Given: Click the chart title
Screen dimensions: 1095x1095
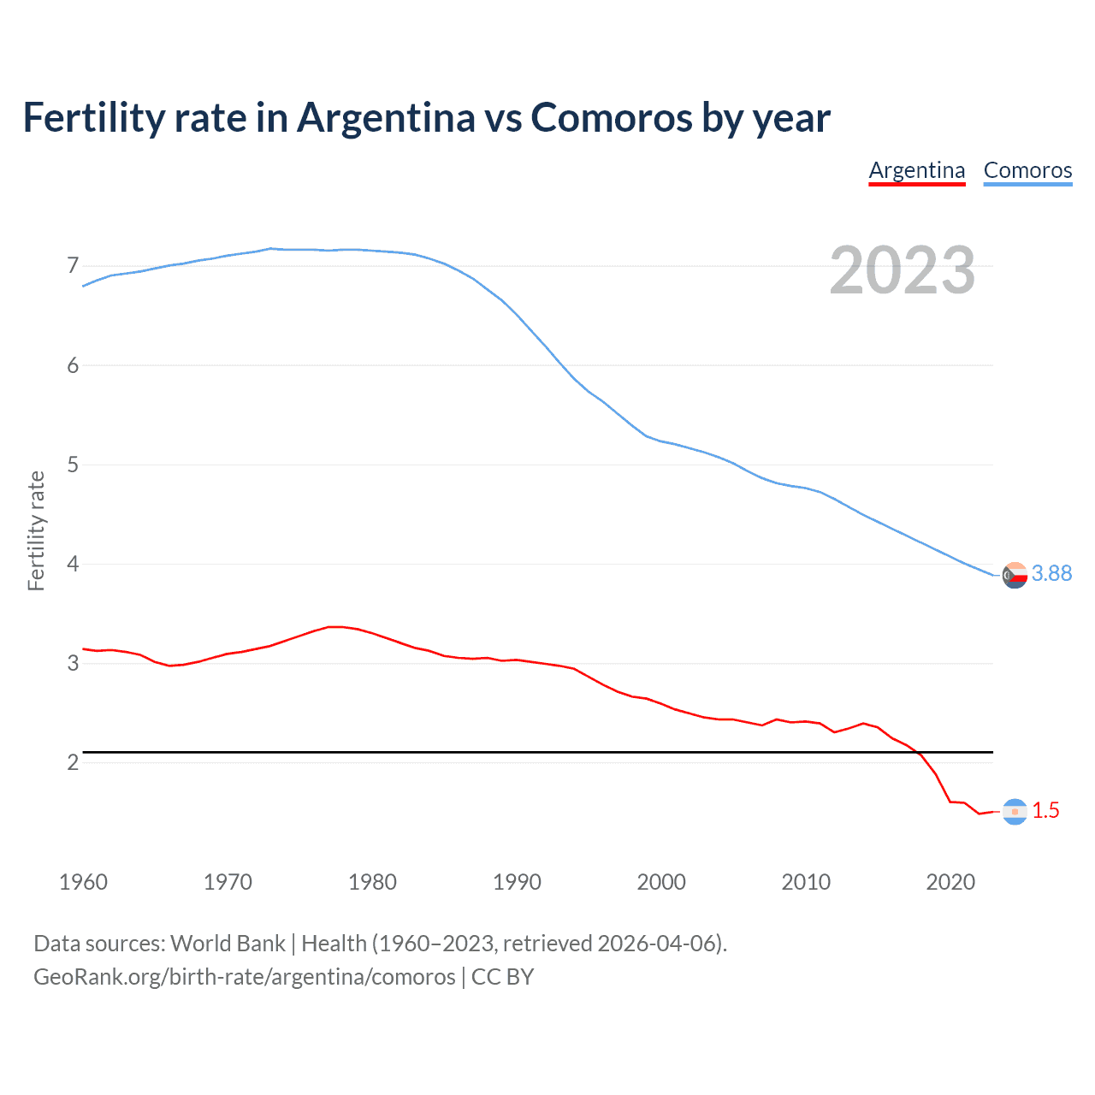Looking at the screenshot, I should coord(426,118).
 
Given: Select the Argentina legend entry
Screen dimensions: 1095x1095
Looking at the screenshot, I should coord(916,170).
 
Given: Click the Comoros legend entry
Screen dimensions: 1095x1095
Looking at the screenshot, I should coord(1027,170).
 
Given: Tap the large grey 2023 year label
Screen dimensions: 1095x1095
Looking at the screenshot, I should coord(902,270).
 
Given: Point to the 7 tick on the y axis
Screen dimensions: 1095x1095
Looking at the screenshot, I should coord(73,266).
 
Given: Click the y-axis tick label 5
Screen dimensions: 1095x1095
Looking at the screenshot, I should coord(73,465).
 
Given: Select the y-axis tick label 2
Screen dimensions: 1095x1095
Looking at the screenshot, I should coord(73,762).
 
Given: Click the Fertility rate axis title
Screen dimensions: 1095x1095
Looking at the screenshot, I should coord(36,530).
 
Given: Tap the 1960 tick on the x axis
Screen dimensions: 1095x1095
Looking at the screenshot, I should coord(83,882).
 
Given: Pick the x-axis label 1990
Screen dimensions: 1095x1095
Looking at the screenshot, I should coord(517,882).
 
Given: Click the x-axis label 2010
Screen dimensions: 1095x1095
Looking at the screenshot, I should coord(806,882).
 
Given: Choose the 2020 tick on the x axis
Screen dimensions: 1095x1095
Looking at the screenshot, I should coord(950,882).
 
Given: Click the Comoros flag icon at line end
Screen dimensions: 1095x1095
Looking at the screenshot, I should coord(1015,576).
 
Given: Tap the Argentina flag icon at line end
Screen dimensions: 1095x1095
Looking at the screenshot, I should coord(1015,812).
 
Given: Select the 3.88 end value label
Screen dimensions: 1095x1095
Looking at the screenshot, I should coord(1051,574).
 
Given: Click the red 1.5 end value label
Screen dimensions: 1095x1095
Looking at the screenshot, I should coord(1045,811).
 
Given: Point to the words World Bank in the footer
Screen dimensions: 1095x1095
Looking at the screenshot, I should coord(228,944).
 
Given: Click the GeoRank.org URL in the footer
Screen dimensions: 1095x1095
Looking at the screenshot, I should coord(245,977).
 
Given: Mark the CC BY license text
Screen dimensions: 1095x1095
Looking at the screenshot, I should coord(503,977).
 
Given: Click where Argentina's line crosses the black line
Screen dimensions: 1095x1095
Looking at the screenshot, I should coord(917,753).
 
